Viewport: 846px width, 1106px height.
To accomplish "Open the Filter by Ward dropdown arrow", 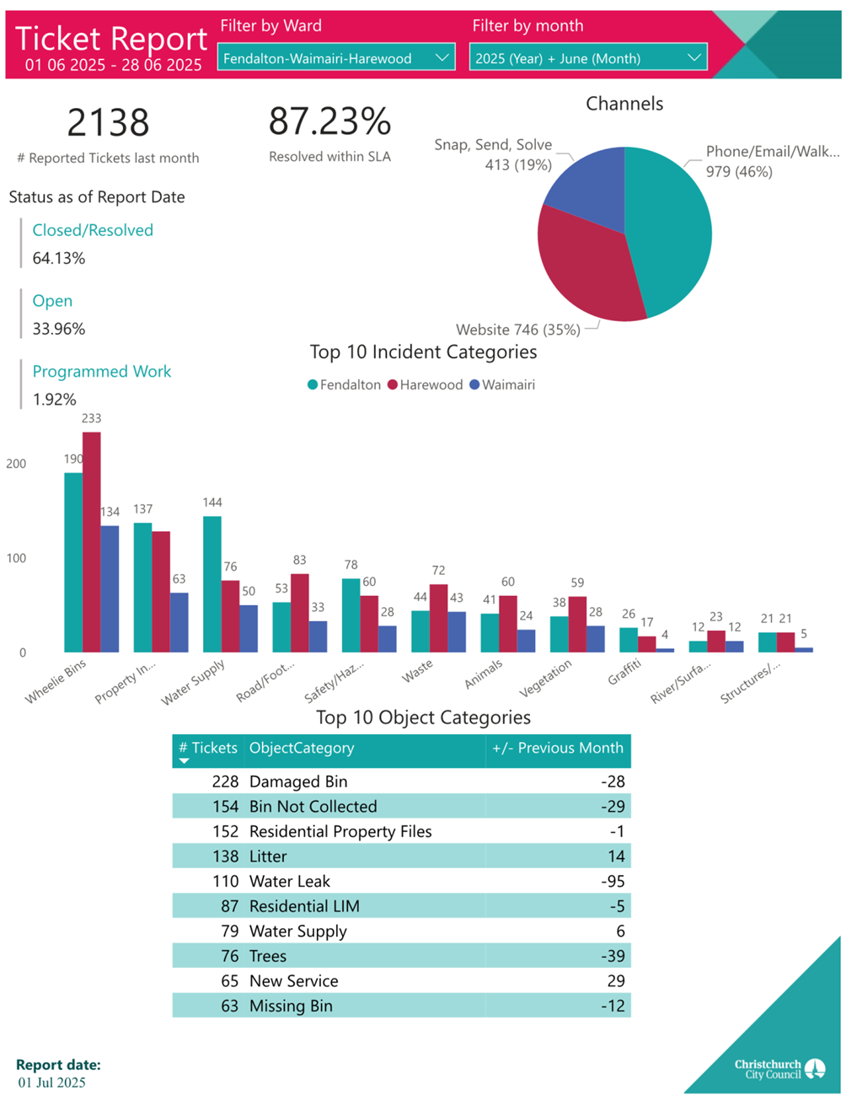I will pyautogui.click(x=442, y=58).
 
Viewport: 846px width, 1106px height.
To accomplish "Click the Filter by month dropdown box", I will pyautogui.click(x=587, y=58).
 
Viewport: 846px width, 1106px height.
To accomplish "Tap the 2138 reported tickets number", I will pyautogui.click(x=108, y=123).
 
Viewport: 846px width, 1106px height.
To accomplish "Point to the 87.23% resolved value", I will pyautogui.click(x=329, y=122).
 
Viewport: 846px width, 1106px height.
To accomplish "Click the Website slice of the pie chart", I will pyautogui.click(x=586, y=270).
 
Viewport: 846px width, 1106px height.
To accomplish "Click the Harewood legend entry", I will pyautogui.click(x=426, y=385).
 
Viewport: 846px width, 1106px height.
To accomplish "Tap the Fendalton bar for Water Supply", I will pyautogui.click(x=211, y=583).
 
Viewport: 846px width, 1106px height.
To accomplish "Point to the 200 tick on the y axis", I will pyautogui.click(x=16, y=464).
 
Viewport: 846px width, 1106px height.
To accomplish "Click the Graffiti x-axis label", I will pyautogui.click(x=624, y=672).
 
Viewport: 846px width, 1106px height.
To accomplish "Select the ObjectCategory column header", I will pyautogui.click(x=302, y=749).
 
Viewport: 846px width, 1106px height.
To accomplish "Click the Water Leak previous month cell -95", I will pyautogui.click(x=613, y=882).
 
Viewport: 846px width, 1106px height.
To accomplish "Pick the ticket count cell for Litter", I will pyautogui.click(x=225, y=856).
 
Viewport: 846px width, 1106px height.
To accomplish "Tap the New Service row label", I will pyautogui.click(x=293, y=981).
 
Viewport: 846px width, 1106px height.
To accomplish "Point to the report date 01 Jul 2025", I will pyautogui.click(x=52, y=1082).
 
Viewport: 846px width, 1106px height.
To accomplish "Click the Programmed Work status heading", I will pyautogui.click(x=101, y=372).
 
